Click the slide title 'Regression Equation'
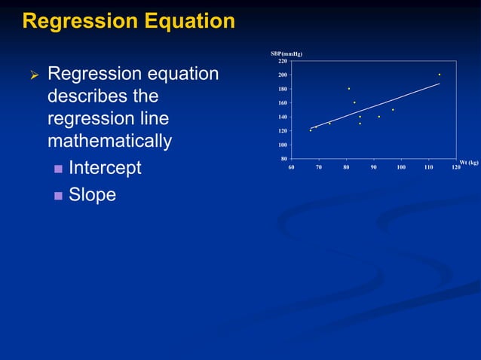click(129, 21)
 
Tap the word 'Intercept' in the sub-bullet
click(105, 167)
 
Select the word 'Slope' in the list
click(92, 194)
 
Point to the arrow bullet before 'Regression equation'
click(32, 75)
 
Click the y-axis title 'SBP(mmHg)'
click(286, 53)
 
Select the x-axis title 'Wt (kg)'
click(469, 162)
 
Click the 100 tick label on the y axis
click(281, 145)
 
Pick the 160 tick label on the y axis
click(281, 103)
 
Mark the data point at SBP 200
click(440, 75)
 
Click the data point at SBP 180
click(349, 89)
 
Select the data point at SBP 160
click(354, 102)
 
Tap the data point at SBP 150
click(393, 110)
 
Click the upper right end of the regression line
click(439, 84)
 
